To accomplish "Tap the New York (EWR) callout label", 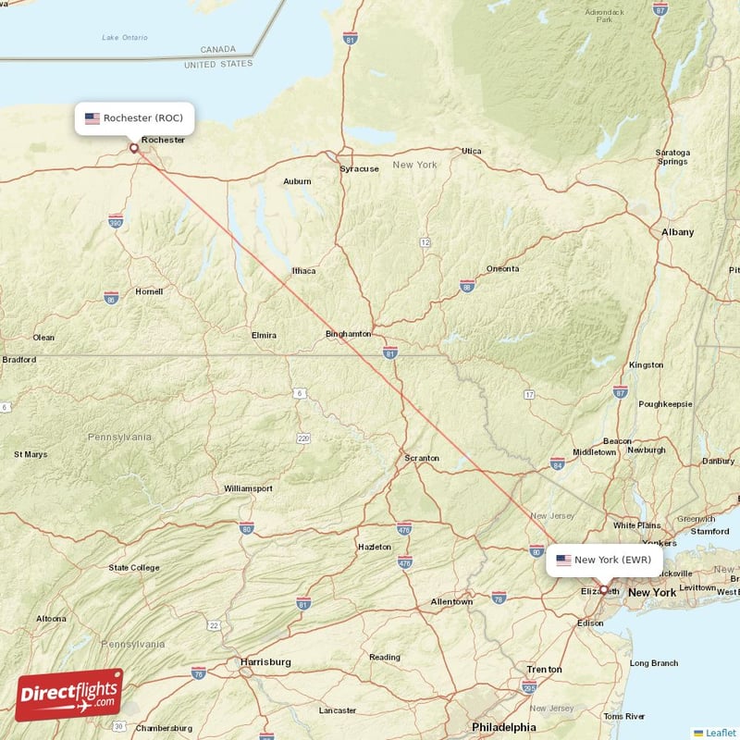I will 604,560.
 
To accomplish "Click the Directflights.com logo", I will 69,694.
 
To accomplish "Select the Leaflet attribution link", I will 721,733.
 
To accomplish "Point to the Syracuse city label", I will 359,169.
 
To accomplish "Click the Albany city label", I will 677,232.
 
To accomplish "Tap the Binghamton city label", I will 349,334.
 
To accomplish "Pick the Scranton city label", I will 422,458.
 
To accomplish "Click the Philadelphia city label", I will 503,727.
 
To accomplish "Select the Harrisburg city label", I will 265,662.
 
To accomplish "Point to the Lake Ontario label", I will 126,37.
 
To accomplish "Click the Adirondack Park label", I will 605,15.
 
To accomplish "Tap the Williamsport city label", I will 248,488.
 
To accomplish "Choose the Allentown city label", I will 451,602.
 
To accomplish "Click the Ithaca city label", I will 303,271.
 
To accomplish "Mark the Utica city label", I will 472,151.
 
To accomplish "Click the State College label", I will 133,568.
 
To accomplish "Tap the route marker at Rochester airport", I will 134,147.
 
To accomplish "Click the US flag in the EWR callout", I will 563,560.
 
